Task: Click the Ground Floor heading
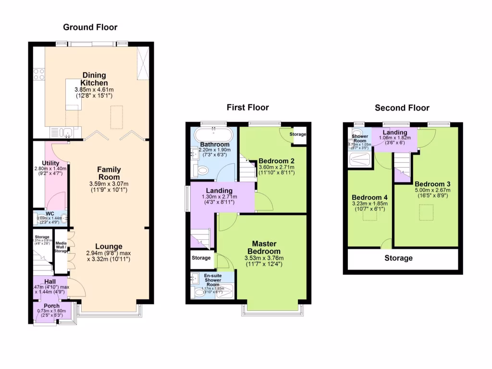[x=90, y=27]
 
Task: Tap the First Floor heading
[x=247, y=107]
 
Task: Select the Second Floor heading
[x=402, y=108]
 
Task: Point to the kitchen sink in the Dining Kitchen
[x=61, y=132]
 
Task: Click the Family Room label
[x=109, y=173]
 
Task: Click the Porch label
[x=51, y=306]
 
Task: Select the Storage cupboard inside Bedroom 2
[x=298, y=135]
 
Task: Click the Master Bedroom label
[x=264, y=247]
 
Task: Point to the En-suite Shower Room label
[x=212, y=280]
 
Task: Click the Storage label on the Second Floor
[x=398, y=258]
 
